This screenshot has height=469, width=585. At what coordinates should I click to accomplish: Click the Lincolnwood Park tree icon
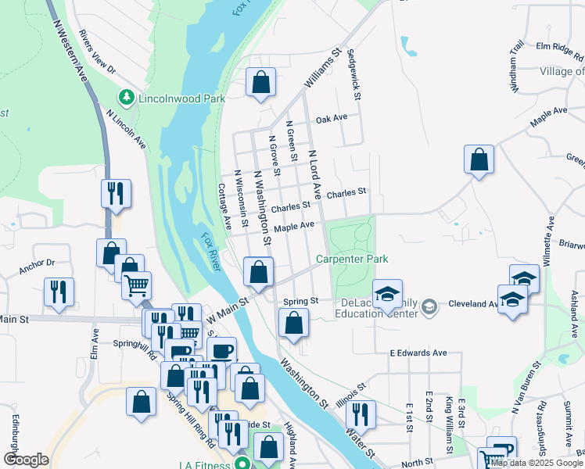coord(125,98)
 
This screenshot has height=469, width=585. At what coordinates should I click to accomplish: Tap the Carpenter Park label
coord(352,259)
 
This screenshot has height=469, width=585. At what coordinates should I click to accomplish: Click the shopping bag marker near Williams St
coord(261,81)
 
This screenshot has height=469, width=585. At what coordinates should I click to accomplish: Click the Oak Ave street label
coord(332,119)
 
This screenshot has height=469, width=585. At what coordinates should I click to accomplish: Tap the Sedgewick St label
coord(356,73)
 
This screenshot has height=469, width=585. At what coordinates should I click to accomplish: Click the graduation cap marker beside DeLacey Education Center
coord(386,294)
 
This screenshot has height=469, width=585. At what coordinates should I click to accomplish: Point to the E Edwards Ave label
coord(418,353)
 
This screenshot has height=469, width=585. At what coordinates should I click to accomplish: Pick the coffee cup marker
coord(221,350)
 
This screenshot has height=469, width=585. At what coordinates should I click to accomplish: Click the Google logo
coord(26,459)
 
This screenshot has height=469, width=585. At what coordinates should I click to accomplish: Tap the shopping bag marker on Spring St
coord(293,322)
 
